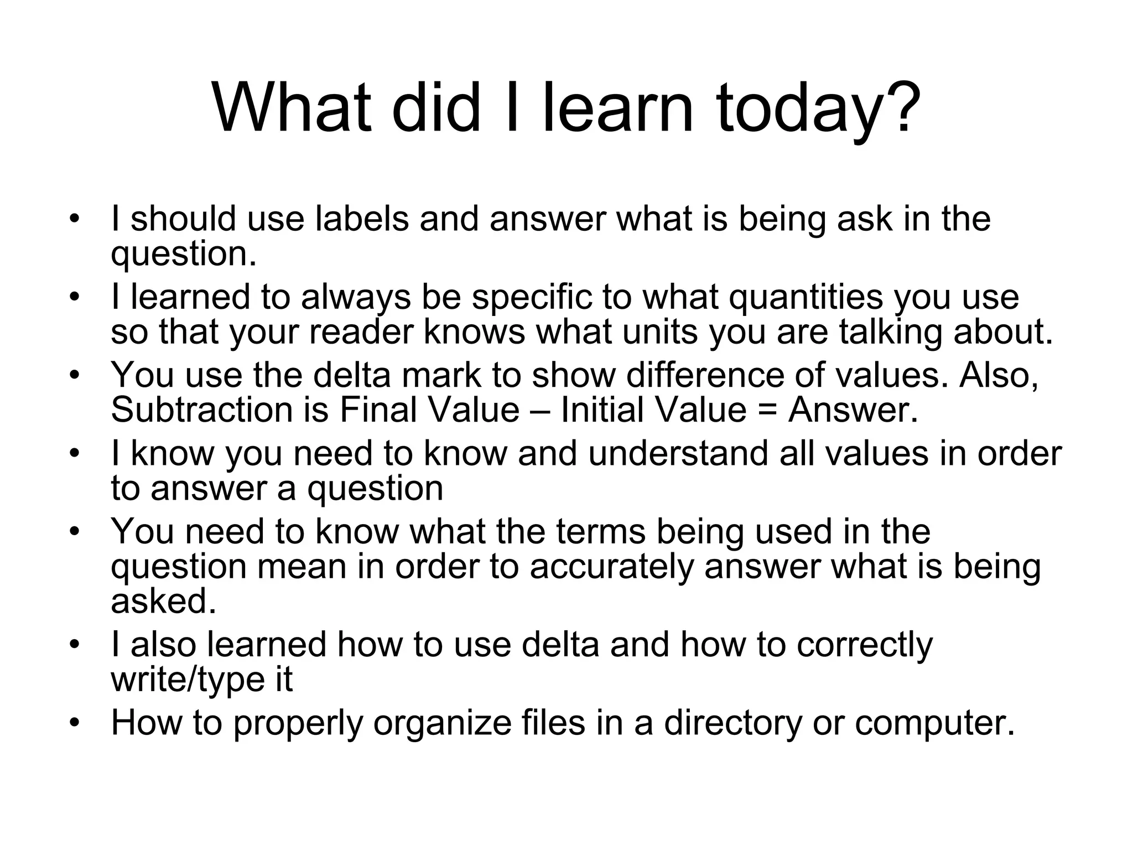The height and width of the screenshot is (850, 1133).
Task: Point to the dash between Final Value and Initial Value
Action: [x=540, y=411]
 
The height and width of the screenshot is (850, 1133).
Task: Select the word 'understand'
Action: [x=678, y=453]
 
